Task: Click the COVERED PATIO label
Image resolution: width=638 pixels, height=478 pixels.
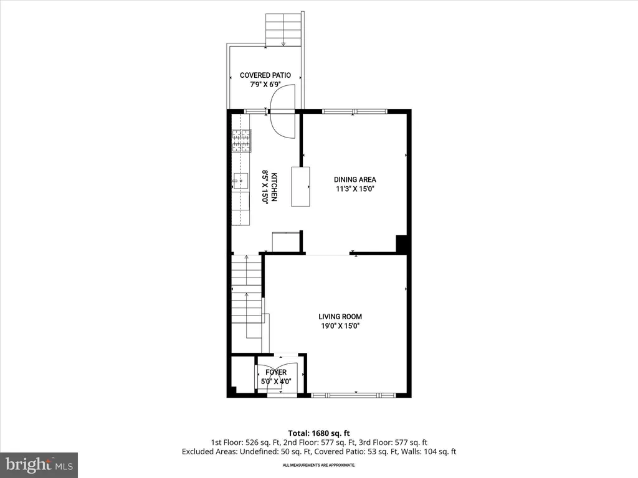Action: (x=265, y=75)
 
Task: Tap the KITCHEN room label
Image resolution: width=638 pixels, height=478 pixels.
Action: (x=274, y=187)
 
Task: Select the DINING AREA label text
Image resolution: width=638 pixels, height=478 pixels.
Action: (x=355, y=179)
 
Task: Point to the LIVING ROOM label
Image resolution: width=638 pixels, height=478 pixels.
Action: (x=340, y=317)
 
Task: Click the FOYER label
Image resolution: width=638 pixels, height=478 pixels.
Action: (x=276, y=372)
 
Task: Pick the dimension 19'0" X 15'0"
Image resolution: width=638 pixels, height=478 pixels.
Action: (x=340, y=326)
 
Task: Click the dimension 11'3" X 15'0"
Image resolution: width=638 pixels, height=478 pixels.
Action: (x=355, y=189)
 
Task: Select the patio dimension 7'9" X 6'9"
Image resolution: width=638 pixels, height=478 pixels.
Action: (x=265, y=85)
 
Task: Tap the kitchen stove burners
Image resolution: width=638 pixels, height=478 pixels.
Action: (x=241, y=141)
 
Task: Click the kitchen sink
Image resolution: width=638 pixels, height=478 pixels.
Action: (x=240, y=180)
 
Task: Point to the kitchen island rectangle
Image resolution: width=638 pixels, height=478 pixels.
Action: (x=300, y=187)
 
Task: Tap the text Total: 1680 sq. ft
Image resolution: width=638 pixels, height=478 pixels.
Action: (x=319, y=433)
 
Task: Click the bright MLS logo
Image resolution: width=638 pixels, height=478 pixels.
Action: (x=39, y=464)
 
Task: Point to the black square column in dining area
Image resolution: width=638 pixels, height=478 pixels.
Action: (x=402, y=244)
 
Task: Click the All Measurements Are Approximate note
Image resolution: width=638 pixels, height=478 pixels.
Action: (x=319, y=465)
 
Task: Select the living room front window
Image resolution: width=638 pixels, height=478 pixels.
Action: (x=353, y=395)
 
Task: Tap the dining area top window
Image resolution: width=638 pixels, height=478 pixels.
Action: (x=354, y=111)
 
